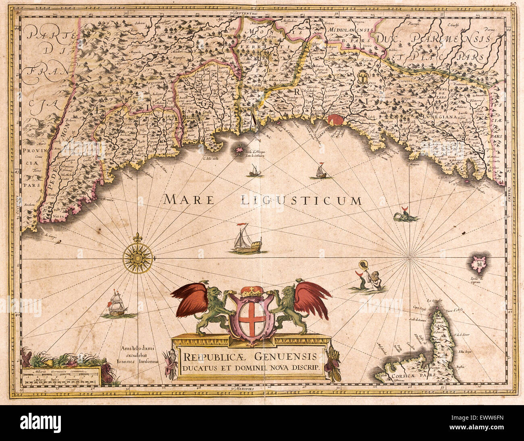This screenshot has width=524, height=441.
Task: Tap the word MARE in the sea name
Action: (188, 199)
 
